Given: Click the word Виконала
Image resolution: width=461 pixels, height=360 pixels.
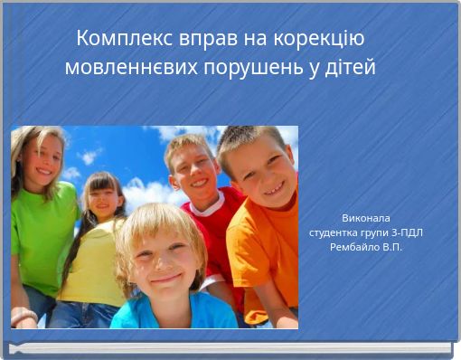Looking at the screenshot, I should (366, 218).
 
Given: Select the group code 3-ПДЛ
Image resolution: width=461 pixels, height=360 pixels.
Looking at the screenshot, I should (404, 232).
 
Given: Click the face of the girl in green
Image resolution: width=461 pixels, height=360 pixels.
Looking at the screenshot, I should (42, 158).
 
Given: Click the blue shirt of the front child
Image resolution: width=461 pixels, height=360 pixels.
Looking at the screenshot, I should (172, 315).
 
